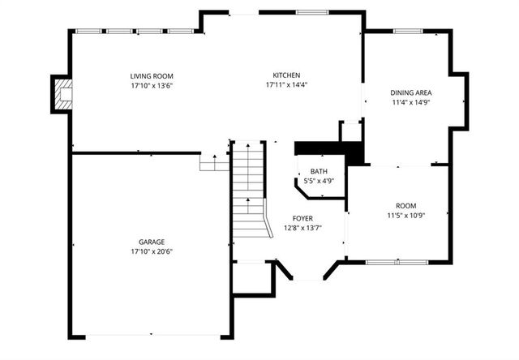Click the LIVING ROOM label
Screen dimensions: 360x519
click(152, 76)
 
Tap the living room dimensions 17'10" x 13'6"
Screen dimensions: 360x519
click(152, 85)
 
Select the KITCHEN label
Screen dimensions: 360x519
click(286, 75)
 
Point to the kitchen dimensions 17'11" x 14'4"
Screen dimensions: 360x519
click(286, 84)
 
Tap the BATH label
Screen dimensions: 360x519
click(319, 172)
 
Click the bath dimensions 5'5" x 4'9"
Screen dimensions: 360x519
click(319, 181)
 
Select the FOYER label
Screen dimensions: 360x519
click(302, 219)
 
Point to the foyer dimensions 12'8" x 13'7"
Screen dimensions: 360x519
click(302, 228)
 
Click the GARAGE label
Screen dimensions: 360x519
click(151, 242)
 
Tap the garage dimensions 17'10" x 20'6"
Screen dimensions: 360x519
click(151, 251)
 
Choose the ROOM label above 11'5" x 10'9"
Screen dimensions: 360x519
click(405, 206)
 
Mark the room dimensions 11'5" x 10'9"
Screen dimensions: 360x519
click(405, 216)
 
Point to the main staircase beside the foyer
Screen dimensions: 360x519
click(249, 191)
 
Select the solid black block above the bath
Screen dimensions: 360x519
click(325, 148)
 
